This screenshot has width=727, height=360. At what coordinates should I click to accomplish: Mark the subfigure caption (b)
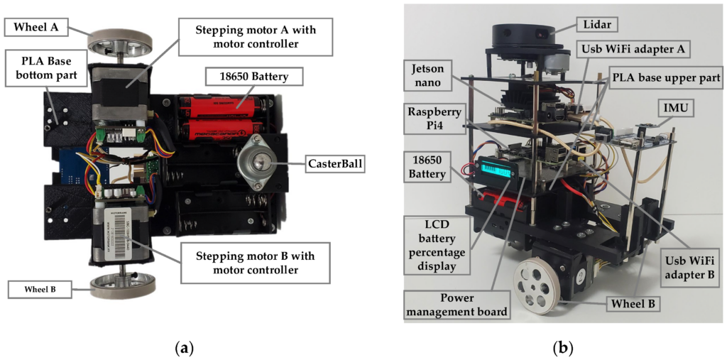pos(563,349)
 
